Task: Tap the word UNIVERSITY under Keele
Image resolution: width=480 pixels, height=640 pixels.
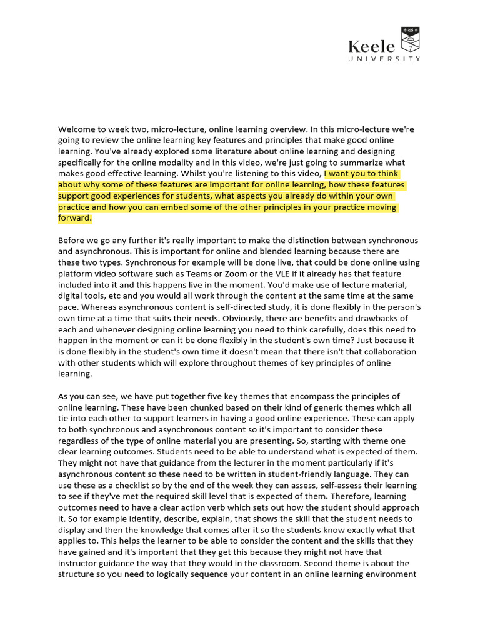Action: tap(384, 59)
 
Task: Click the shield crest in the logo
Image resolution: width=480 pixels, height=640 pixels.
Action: tap(410, 39)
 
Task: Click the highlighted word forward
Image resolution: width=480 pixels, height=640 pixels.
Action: tap(74, 219)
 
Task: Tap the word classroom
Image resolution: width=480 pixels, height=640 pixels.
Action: tap(264, 563)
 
